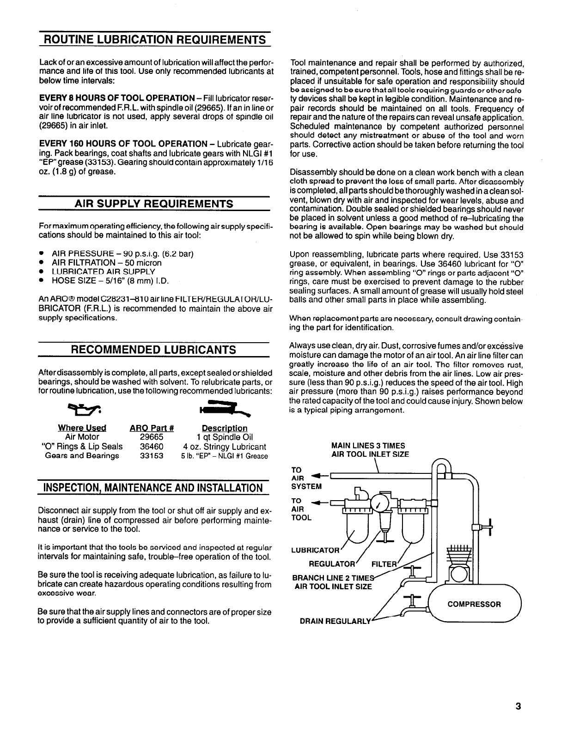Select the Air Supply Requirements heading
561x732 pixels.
154,204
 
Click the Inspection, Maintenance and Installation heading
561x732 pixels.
154,487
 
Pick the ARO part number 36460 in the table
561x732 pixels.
152,447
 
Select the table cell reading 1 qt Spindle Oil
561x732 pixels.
225,437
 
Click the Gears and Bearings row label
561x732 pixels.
82,456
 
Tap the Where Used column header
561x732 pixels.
82,428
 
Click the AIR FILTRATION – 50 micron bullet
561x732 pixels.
107,263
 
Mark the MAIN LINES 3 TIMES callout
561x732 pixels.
368,446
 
